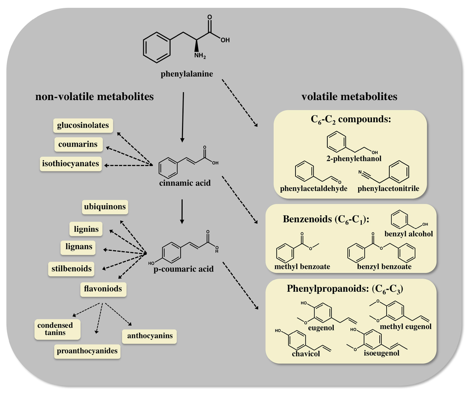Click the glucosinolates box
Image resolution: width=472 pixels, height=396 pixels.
[x=83, y=125]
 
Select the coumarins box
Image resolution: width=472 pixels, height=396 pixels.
[x=78, y=144]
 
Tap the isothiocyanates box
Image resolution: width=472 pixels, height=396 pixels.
[x=71, y=163]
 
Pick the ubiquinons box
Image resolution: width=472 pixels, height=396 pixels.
[x=105, y=207]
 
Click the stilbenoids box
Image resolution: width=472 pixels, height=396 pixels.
[x=71, y=268]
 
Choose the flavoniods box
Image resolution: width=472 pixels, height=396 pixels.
[x=103, y=289]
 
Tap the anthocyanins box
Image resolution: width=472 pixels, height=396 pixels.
[x=150, y=336]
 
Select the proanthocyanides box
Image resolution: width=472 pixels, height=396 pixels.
[x=87, y=351]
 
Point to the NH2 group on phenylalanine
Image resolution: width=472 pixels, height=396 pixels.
[x=200, y=57]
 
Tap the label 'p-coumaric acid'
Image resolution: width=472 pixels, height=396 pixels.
[x=183, y=269]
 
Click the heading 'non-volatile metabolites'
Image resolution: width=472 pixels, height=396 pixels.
[x=94, y=97]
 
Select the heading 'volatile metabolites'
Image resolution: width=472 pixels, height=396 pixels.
[x=349, y=97]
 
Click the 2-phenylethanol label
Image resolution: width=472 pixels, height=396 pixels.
[x=354, y=159]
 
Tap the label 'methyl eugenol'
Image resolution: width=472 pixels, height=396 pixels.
[x=406, y=326]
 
